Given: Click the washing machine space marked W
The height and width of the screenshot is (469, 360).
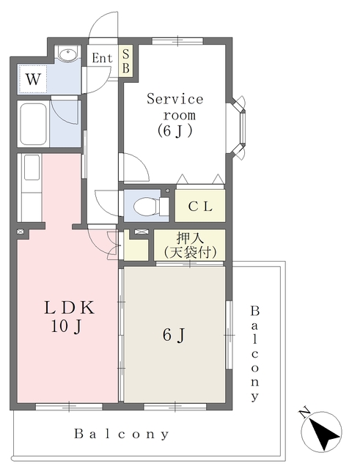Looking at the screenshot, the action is pos(32,79).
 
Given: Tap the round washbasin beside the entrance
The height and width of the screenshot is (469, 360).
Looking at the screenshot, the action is pos(67,54).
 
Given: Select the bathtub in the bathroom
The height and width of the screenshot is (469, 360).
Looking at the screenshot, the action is pos(33,124).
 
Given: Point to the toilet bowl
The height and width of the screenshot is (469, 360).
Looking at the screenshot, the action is pos(146,206).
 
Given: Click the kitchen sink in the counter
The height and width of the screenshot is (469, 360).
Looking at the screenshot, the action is pos(32,167).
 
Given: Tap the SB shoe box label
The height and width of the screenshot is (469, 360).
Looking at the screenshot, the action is pos(126,62).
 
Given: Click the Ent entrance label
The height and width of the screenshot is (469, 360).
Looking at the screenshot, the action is pos(102,58).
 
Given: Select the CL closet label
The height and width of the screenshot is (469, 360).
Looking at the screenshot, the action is pos(200,206).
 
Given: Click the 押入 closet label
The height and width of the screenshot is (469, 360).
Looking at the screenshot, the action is pos(190,238).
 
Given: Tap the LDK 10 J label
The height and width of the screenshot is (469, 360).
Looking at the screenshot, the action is pos(69,317).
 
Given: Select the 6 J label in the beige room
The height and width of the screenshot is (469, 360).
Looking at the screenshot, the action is pos(174,335).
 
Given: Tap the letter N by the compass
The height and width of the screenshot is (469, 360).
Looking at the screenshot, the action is pos(304,413).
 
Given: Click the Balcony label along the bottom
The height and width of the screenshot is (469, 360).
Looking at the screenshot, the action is pos(122,434).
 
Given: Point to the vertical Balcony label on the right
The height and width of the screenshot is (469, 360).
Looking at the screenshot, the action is pos(254,353).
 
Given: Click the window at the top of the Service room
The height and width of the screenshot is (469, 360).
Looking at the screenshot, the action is pos(177,41).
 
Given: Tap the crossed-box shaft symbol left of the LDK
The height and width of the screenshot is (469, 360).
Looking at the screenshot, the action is pos(21,232).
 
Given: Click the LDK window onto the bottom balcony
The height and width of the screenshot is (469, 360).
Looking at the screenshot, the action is pos(69,407).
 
